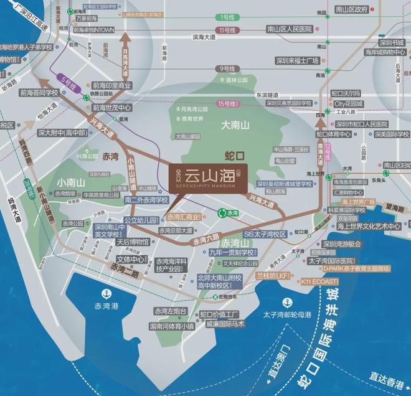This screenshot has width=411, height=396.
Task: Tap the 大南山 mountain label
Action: (x=235, y=125)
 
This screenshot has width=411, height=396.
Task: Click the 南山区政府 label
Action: (x=365, y=11)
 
